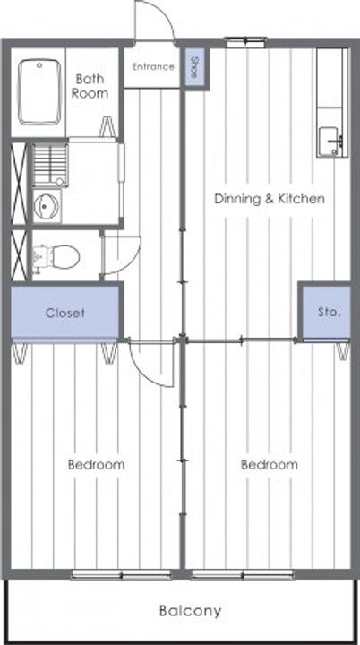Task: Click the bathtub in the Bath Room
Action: (39, 91)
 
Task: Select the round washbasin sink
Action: (47, 206)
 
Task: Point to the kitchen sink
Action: (332, 142)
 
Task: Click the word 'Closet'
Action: (65, 313)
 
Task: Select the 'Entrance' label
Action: (153, 66)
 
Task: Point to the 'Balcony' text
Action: (190, 611)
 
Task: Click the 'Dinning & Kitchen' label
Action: (270, 199)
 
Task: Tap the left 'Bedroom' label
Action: (97, 465)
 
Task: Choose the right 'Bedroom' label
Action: (269, 465)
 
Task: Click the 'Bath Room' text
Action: (90, 86)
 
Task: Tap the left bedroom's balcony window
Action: (122, 574)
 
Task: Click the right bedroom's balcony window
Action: (243, 574)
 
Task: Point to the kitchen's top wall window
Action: (246, 41)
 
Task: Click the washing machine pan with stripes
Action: (50, 165)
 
